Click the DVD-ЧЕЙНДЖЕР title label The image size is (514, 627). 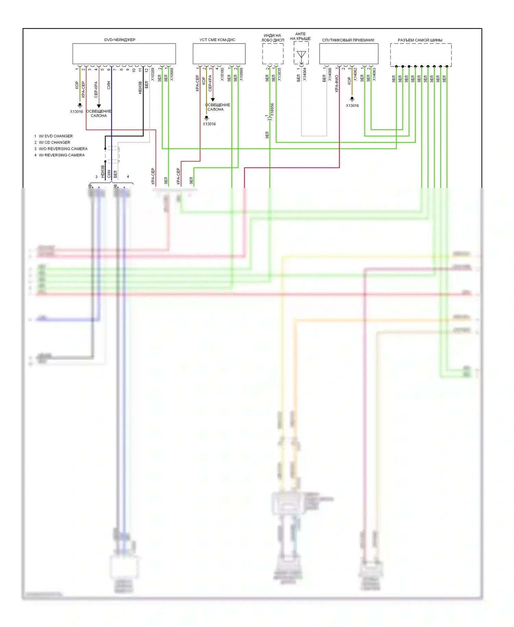point(120,40)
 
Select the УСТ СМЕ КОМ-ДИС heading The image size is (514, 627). point(217,40)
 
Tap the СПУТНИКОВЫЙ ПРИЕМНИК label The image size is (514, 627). point(348,40)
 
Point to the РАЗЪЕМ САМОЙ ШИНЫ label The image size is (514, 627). point(420,40)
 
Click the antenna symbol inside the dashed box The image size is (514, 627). point(301,55)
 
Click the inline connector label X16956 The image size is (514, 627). point(272,110)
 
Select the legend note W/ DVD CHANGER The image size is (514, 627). point(56,136)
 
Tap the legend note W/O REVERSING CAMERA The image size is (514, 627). point(63,149)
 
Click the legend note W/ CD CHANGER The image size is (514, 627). point(54,142)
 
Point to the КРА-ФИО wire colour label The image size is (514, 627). point(336,83)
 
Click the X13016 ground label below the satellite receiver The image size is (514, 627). point(352,106)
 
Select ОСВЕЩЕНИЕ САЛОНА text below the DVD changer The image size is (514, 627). point(99,114)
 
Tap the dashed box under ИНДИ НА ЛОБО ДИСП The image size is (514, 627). point(273,54)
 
